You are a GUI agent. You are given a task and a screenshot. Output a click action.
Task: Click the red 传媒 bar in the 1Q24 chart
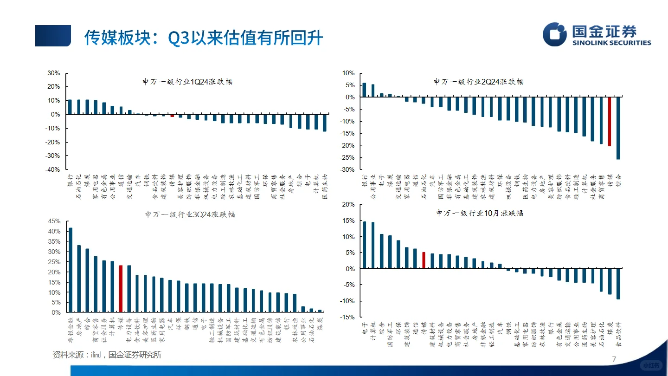(x=172, y=116)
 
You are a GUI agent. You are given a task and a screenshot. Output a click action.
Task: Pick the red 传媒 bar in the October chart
(x=424, y=260)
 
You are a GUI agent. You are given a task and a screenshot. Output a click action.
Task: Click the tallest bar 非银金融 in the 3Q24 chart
(x=71, y=270)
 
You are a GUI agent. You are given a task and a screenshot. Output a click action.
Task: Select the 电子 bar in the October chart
(x=365, y=245)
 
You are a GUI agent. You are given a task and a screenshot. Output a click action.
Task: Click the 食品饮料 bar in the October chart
(x=618, y=284)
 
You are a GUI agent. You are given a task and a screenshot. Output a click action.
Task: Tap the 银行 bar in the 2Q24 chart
(x=365, y=90)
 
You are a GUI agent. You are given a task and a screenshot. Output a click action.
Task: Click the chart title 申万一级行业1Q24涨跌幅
(x=187, y=82)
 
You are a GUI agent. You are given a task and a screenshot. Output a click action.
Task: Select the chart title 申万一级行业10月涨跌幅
(x=480, y=213)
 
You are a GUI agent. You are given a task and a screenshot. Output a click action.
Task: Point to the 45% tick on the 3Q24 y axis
(x=54, y=221)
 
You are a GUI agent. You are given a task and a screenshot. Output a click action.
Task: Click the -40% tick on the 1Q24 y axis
(x=53, y=169)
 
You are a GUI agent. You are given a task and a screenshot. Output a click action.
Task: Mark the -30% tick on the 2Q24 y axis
(x=348, y=169)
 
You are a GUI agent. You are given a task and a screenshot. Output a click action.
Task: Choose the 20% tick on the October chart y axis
(x=349, y=205)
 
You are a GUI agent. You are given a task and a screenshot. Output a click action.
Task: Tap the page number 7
(x=614, y=359)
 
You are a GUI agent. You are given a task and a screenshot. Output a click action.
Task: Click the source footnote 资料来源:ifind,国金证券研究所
(x=107, y=355)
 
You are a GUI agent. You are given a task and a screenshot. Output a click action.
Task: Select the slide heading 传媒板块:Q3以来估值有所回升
(x=203, y=38)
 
